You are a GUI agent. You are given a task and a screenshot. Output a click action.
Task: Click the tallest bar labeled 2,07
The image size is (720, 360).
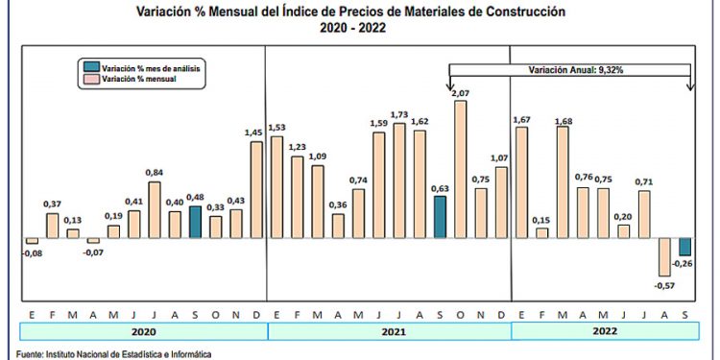[x=460, y=169]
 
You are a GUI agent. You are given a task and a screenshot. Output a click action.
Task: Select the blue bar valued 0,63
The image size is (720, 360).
[x=440, y=217]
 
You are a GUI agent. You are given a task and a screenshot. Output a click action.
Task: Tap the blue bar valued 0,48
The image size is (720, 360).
[x=195, y=222]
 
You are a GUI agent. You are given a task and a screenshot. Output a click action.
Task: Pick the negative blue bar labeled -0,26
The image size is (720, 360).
[x=684, y=247]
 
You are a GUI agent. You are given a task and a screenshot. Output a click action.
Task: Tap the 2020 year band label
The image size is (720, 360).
[x=144, y=331]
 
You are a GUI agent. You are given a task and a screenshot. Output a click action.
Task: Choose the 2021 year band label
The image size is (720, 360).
[x=388, y=331]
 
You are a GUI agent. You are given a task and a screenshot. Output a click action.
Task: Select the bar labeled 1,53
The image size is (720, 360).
[x=277, y=186]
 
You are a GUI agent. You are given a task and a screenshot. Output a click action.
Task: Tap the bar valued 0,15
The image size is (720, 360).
[x=542, y=232]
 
